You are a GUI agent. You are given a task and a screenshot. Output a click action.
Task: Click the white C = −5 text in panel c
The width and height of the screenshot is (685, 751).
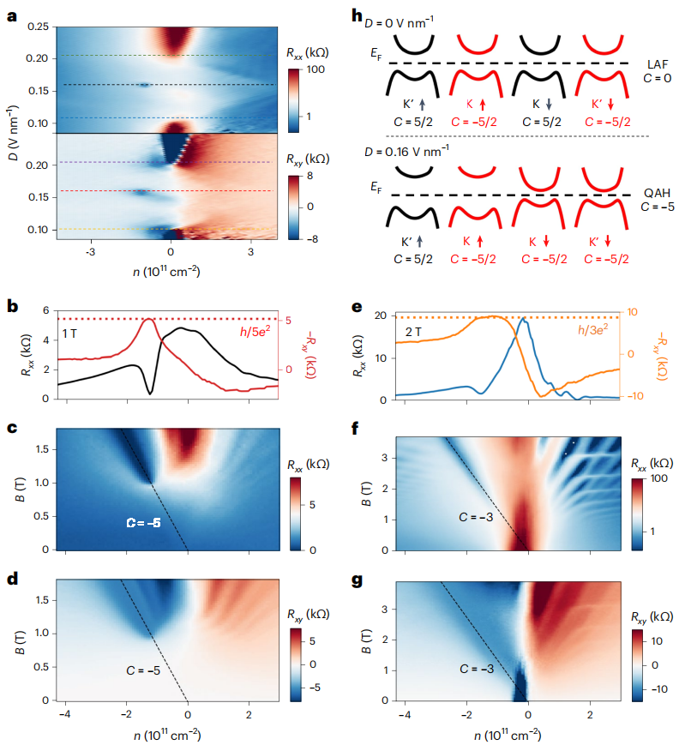(143, 522)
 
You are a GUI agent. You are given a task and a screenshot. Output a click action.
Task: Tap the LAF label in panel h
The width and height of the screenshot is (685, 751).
(660, 64)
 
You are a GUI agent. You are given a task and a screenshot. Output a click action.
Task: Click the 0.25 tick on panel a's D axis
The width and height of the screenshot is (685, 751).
(38, 27)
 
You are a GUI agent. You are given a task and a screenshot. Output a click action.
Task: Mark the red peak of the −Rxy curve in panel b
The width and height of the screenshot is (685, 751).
(148, 320)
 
